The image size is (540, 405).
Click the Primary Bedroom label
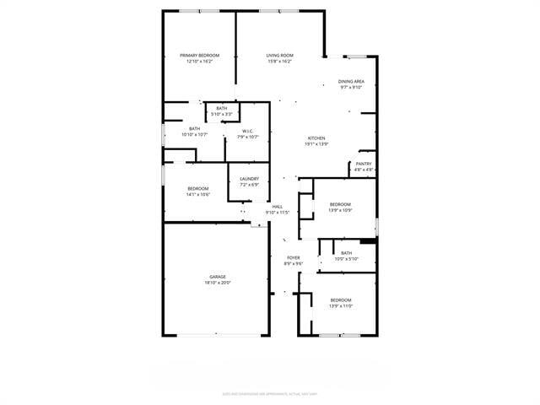(199, 56)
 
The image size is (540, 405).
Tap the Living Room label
(279, 56)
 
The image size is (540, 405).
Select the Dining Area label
(352, 82)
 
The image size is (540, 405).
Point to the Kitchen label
(316, 138)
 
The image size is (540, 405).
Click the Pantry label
(364, 164)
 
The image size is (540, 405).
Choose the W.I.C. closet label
(248, 131)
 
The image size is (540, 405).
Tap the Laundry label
(249, 179)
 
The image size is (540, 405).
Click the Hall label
(277, 207)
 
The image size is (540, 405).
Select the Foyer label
(293, 258)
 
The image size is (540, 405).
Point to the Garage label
(218, 277)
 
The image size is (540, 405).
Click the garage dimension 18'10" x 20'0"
(218, 283)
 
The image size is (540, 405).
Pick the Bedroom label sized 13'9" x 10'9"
(340, 204)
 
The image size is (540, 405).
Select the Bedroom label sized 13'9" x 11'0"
(341, 300)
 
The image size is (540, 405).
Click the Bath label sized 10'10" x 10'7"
(194, 129)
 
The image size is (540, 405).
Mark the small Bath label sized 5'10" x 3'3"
(221, 108)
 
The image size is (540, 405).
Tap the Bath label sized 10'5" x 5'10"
(347, 253)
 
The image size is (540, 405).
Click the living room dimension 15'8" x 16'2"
(279, 62)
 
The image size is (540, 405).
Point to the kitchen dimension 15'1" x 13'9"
(316, 144)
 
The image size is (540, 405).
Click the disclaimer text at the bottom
(269, 392)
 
